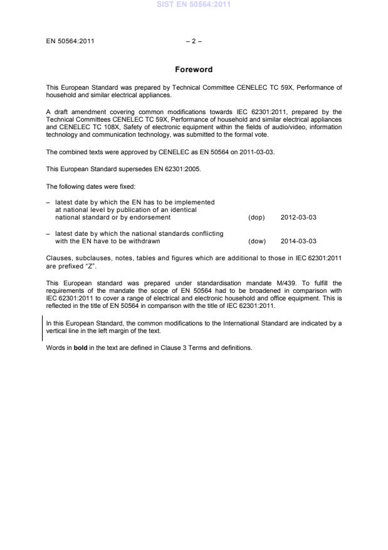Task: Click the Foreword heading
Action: [x=194, y=70]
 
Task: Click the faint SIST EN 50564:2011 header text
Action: [x=194, y=4]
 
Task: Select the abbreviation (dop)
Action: [x=256, y=218]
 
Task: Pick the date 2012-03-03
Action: [x=298, y=218]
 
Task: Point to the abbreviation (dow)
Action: [x=257, y=241]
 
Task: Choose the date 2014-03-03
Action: [x=298, y=241]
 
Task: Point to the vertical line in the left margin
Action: [x=42, y=329]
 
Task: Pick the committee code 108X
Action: [x=100, y=127]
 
